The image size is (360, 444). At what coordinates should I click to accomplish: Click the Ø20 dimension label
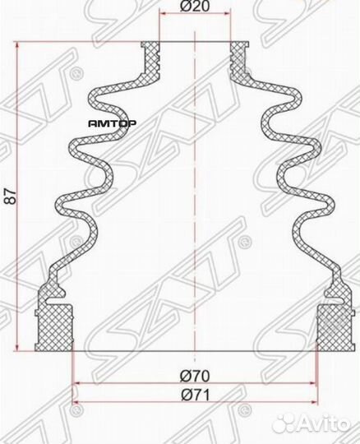pos(194,7)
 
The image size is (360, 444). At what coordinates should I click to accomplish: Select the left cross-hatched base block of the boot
pos(56,329)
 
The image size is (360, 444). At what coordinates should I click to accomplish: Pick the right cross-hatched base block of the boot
pos(334,329)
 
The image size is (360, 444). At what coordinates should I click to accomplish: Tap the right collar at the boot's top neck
pos(239,53)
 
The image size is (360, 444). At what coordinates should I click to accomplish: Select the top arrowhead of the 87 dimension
pos(18,46)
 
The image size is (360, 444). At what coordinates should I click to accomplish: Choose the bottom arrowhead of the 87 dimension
pos(18,345)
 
